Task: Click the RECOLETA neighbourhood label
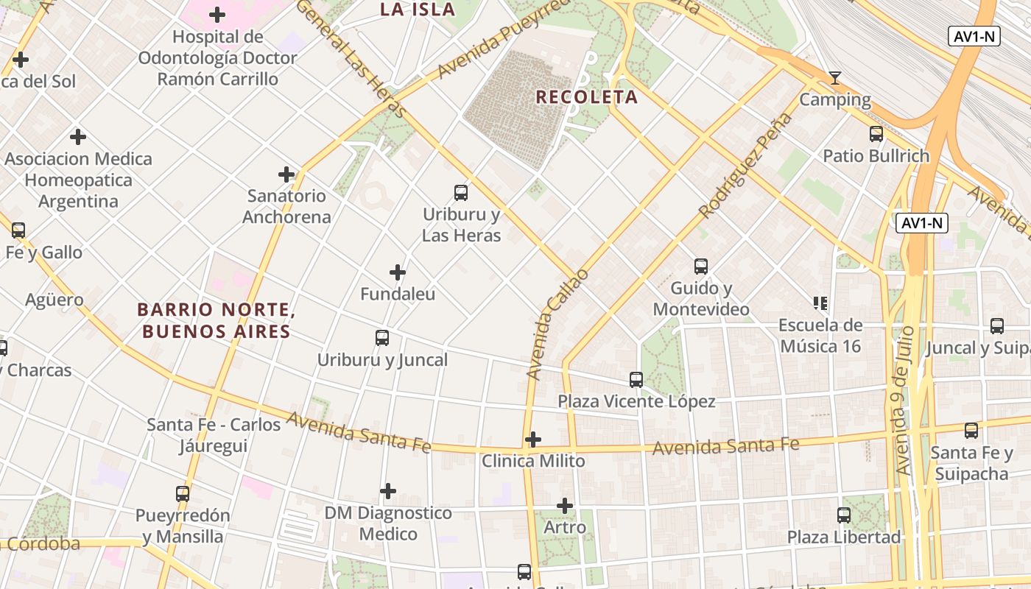(x=586, y=97)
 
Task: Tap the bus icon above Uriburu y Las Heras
(x=461, y=193)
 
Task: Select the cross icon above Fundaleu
(x=398, y=272)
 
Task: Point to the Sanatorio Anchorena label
(x=286, y=206)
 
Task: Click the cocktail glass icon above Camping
(x=835, y=77)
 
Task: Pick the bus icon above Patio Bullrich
(x=876, y=134)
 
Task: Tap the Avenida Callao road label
(x=558, y=324)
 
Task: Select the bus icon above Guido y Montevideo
(x=701, y=267)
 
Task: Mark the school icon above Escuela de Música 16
(x=820, y=303)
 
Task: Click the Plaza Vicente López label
(x=636, y=401)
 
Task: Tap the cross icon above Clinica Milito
(x=533, y=440)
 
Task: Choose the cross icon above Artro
(x=565, y=506)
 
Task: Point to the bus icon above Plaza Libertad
(x=844, y=515)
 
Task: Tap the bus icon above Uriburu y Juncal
(x=382, y=338)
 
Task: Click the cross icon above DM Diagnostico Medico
(x=388, y=491)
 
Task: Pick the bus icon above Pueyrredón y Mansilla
(x=183, y=493)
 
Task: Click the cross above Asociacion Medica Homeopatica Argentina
(x=78, y=137)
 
